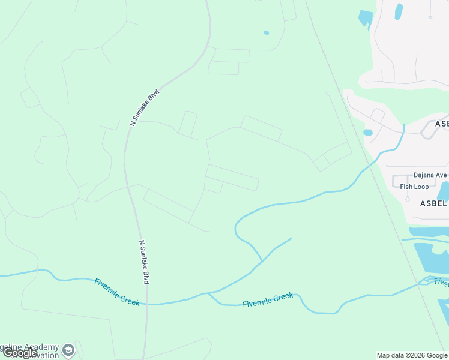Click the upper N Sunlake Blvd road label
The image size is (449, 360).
tap(145, 108)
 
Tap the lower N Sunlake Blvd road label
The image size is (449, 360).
tap(144, 262)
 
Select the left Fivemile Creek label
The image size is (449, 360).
tap(117, 292)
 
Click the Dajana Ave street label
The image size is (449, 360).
tap(430, 175)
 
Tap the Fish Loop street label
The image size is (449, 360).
tap(414, 187)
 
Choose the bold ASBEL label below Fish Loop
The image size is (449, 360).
tap(433, 203)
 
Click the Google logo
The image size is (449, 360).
tap(20, 353)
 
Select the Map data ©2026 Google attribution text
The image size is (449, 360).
tap(412, 355)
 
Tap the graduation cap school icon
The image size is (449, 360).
tap(69, 349)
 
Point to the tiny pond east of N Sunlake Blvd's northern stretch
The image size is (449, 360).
tap(266, 32)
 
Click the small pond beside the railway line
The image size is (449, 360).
tap(368, 133)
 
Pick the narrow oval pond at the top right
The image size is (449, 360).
tap(399, 11)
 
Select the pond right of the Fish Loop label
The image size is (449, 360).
tap(444, 191)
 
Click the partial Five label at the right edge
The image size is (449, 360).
tap(441, 283)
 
